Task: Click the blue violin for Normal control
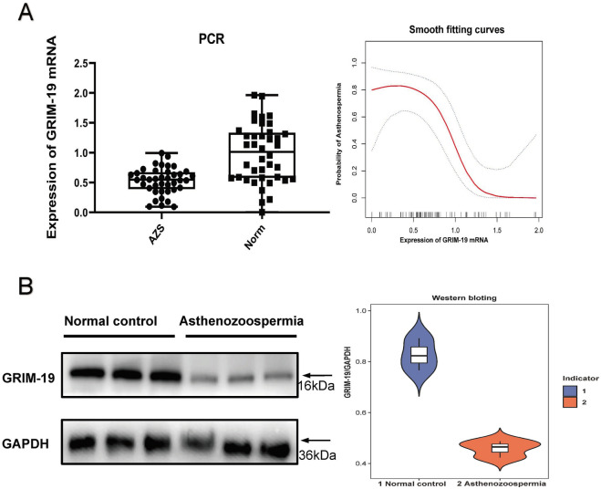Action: coord(419,354)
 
